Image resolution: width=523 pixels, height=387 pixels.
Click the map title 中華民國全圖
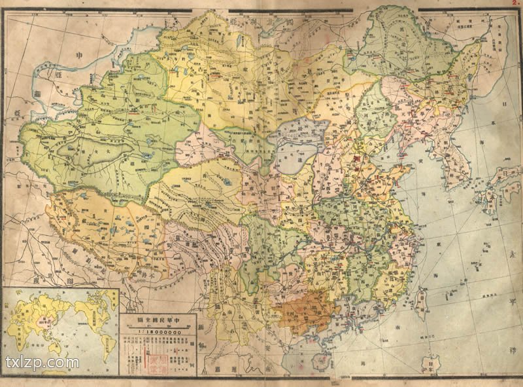157,319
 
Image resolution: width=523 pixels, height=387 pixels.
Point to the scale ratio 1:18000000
157,333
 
